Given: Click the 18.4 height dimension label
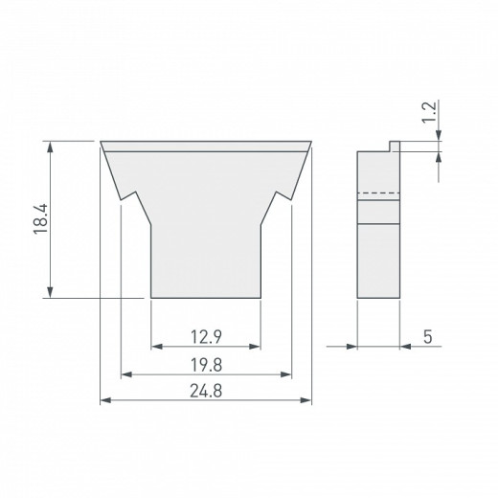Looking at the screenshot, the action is pyautogui.click(x=40, y=219).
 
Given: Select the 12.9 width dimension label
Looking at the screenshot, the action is pyautogui.click(x=206, y=337).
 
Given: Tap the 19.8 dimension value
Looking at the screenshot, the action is pyautogui.click(x=206, y=365).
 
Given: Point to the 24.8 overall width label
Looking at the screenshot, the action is pyautogui.click(x=206, y=391).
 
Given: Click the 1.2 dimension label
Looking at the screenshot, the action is pyautogui.click(x=429, y=112).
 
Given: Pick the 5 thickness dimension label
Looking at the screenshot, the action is pyautogui.click(x=428, y=337).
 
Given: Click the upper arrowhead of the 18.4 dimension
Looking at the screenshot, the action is pyautogui.click(x=50, y=147).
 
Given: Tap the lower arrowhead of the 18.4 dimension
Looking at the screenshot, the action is pyautogui.click(x=50, y=292).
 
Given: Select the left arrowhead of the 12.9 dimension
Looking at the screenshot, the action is pyautogui.click(x=157, y=347).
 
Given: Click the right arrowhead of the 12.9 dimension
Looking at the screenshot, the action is pyautogui.click(x=255, y=347).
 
